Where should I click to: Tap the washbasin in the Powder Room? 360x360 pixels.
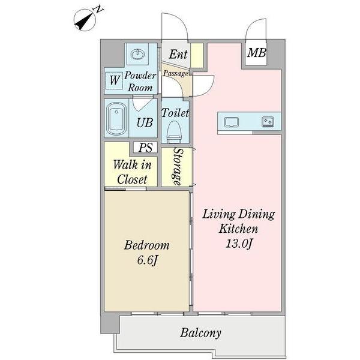[138, 55]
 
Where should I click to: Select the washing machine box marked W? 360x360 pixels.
[114, 80]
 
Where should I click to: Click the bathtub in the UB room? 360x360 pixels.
[116, 118]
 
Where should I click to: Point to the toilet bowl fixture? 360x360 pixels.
[173, 131]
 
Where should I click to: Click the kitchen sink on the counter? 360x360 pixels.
[232, 122]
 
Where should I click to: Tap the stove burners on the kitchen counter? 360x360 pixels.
[268, 121]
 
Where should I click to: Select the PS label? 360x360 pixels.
[146, 148]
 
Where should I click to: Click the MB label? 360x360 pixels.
[256, 53]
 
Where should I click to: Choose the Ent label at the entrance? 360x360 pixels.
[178, 55]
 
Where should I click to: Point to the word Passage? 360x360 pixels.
[176, 73]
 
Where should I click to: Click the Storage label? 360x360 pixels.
[178, 166]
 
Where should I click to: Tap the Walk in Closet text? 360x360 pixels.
[132, 172]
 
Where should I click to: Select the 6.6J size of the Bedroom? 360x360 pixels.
[148, 260]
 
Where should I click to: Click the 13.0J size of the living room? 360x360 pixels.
[239, 244]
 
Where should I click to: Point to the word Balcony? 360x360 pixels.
[200, 333]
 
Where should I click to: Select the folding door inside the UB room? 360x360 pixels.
[143, 104]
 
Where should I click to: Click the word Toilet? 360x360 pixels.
[175, 113]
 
